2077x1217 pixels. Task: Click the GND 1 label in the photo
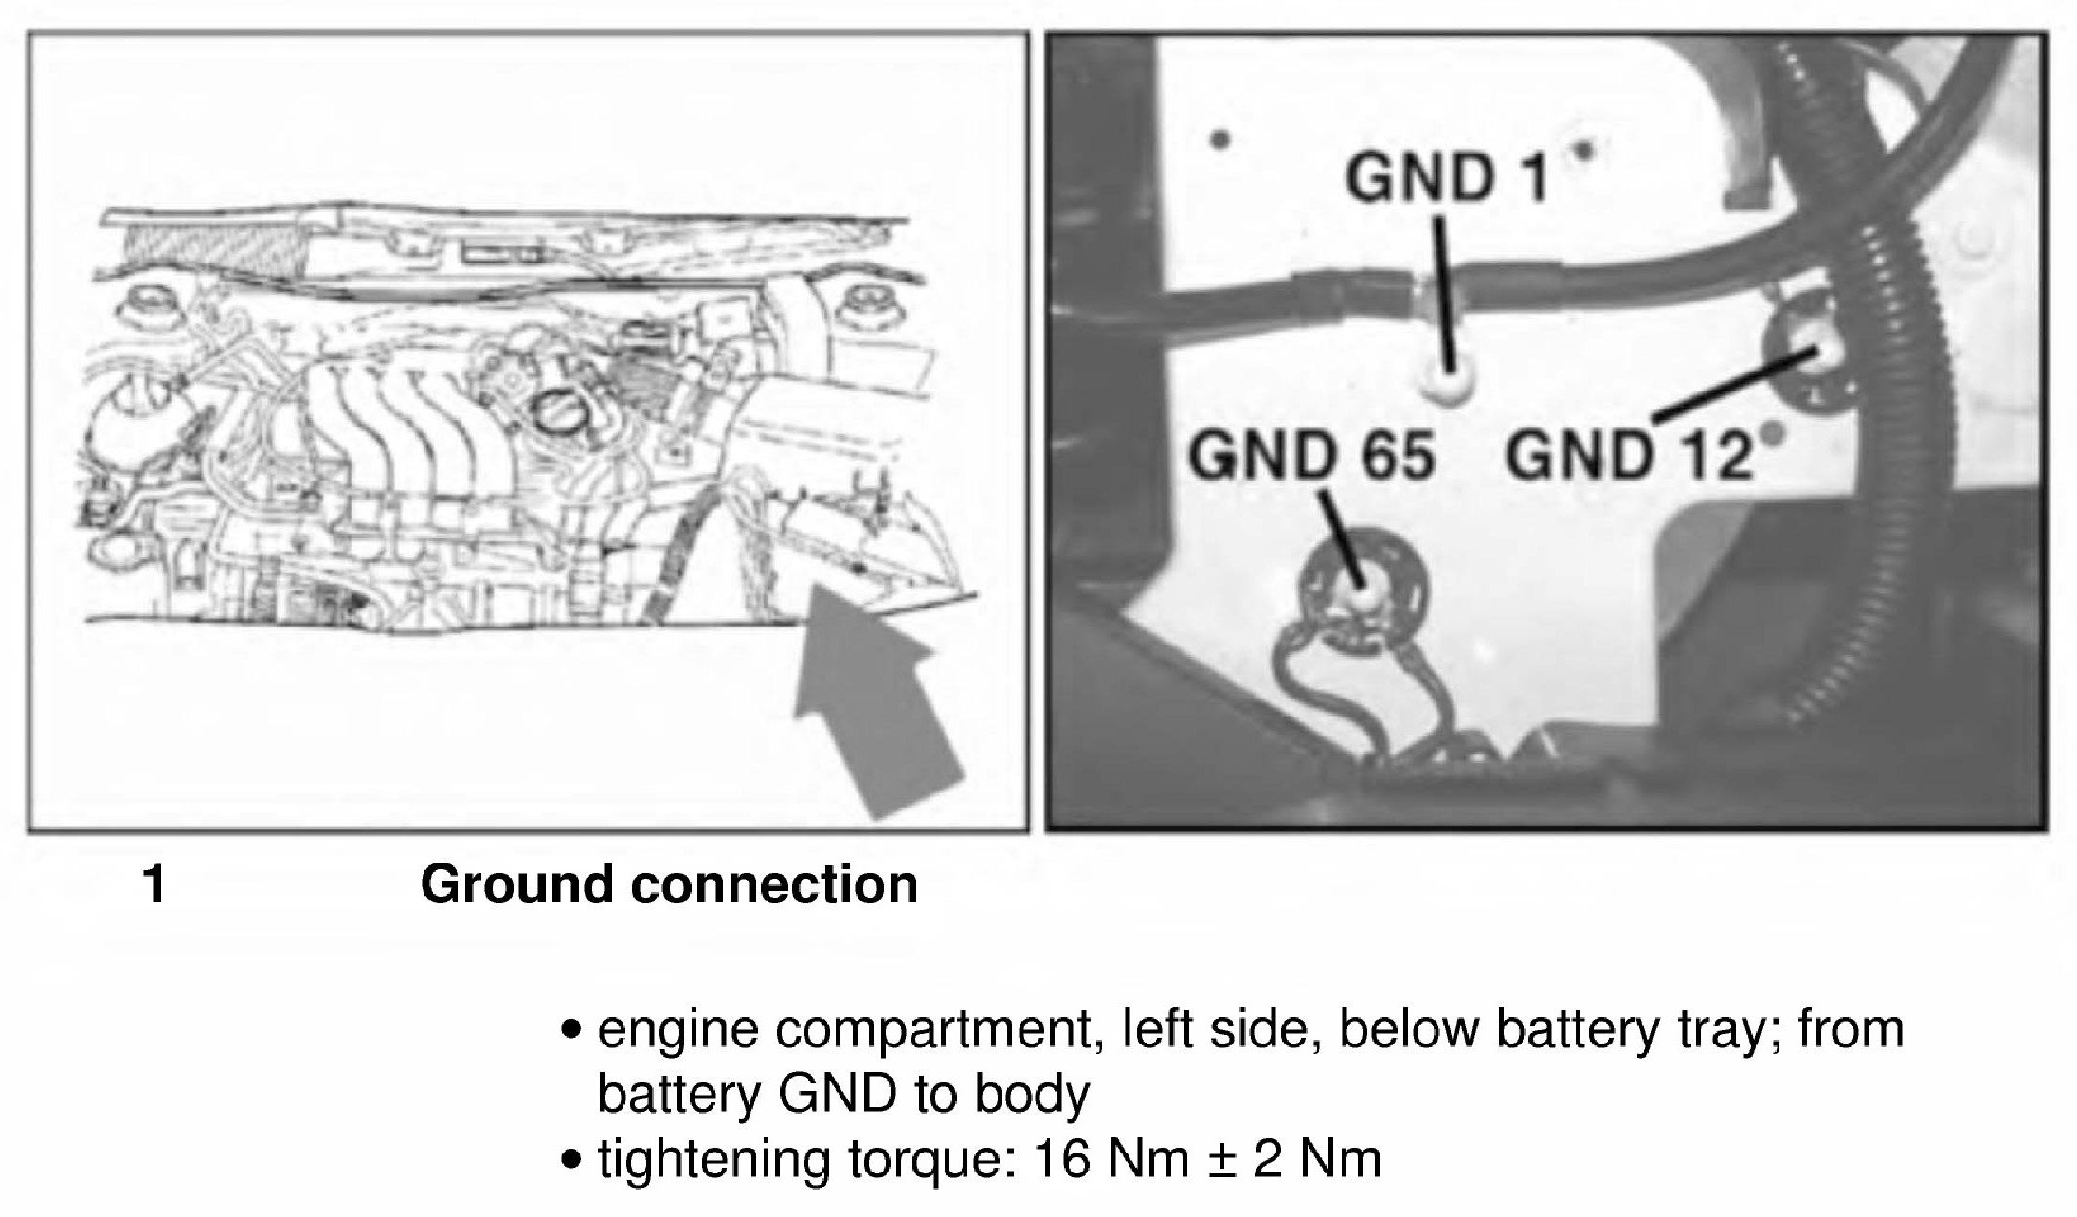coord(1446,178)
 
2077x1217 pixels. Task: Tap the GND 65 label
coord(1311,457)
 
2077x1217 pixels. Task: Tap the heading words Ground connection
coord(669,884)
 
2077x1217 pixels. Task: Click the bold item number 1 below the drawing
coord(154,885)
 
